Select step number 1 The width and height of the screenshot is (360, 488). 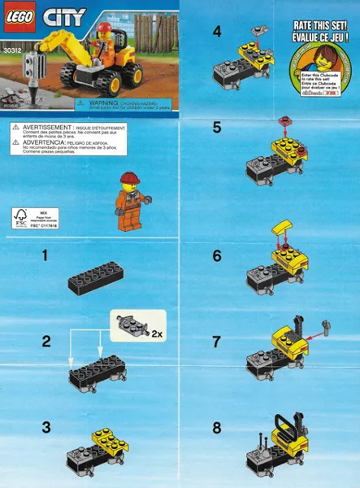click(46, 255)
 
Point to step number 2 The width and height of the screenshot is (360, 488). click(46, 341)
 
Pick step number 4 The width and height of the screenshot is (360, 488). click(216, 33)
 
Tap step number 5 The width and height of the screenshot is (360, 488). click(216, 127)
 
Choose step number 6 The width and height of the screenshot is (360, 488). click(216, 255)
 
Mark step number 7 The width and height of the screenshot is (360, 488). click(216, 341)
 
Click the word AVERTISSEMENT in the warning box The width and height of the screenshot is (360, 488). click(45, 129)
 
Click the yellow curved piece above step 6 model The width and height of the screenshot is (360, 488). click(284, 228)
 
